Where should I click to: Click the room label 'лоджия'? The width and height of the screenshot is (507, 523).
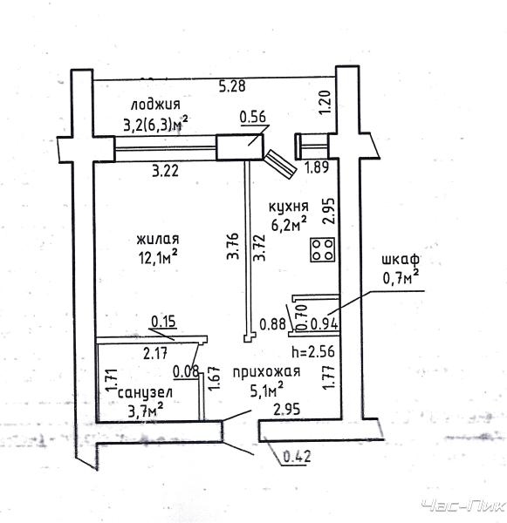click(155, 105)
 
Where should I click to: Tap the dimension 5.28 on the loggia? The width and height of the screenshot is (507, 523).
click(232, 86)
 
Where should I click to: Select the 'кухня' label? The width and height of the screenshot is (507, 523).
click(289, 207)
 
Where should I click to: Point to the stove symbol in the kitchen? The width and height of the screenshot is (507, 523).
click(323, 249)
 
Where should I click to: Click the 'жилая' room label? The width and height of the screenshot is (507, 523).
click(158, 239)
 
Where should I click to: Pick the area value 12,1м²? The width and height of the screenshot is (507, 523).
click(158, 257)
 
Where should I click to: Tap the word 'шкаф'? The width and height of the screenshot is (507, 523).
click(401, 259)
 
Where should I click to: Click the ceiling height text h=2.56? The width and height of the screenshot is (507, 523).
click(313, 351)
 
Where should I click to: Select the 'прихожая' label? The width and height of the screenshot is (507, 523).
click(266, 372)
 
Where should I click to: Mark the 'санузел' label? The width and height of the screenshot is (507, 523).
click(145, 393)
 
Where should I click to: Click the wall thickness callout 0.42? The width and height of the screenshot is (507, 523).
click(297, 456)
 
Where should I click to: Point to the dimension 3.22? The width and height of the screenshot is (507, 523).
click(165, 172)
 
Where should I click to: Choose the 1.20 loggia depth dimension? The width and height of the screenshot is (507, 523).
click(325, 103)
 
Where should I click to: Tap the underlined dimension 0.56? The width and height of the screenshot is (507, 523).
click(253, 117)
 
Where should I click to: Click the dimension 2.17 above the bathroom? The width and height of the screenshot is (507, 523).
click(155, 354)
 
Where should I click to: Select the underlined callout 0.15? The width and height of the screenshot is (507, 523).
click(163, 322)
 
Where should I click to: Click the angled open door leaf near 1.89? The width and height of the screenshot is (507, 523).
click(281, 164)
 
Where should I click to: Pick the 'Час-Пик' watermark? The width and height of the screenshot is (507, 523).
click(463, 506)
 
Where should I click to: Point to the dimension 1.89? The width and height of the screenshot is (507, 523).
click(318, 167)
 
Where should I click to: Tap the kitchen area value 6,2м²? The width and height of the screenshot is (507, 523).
click(289, 224)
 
